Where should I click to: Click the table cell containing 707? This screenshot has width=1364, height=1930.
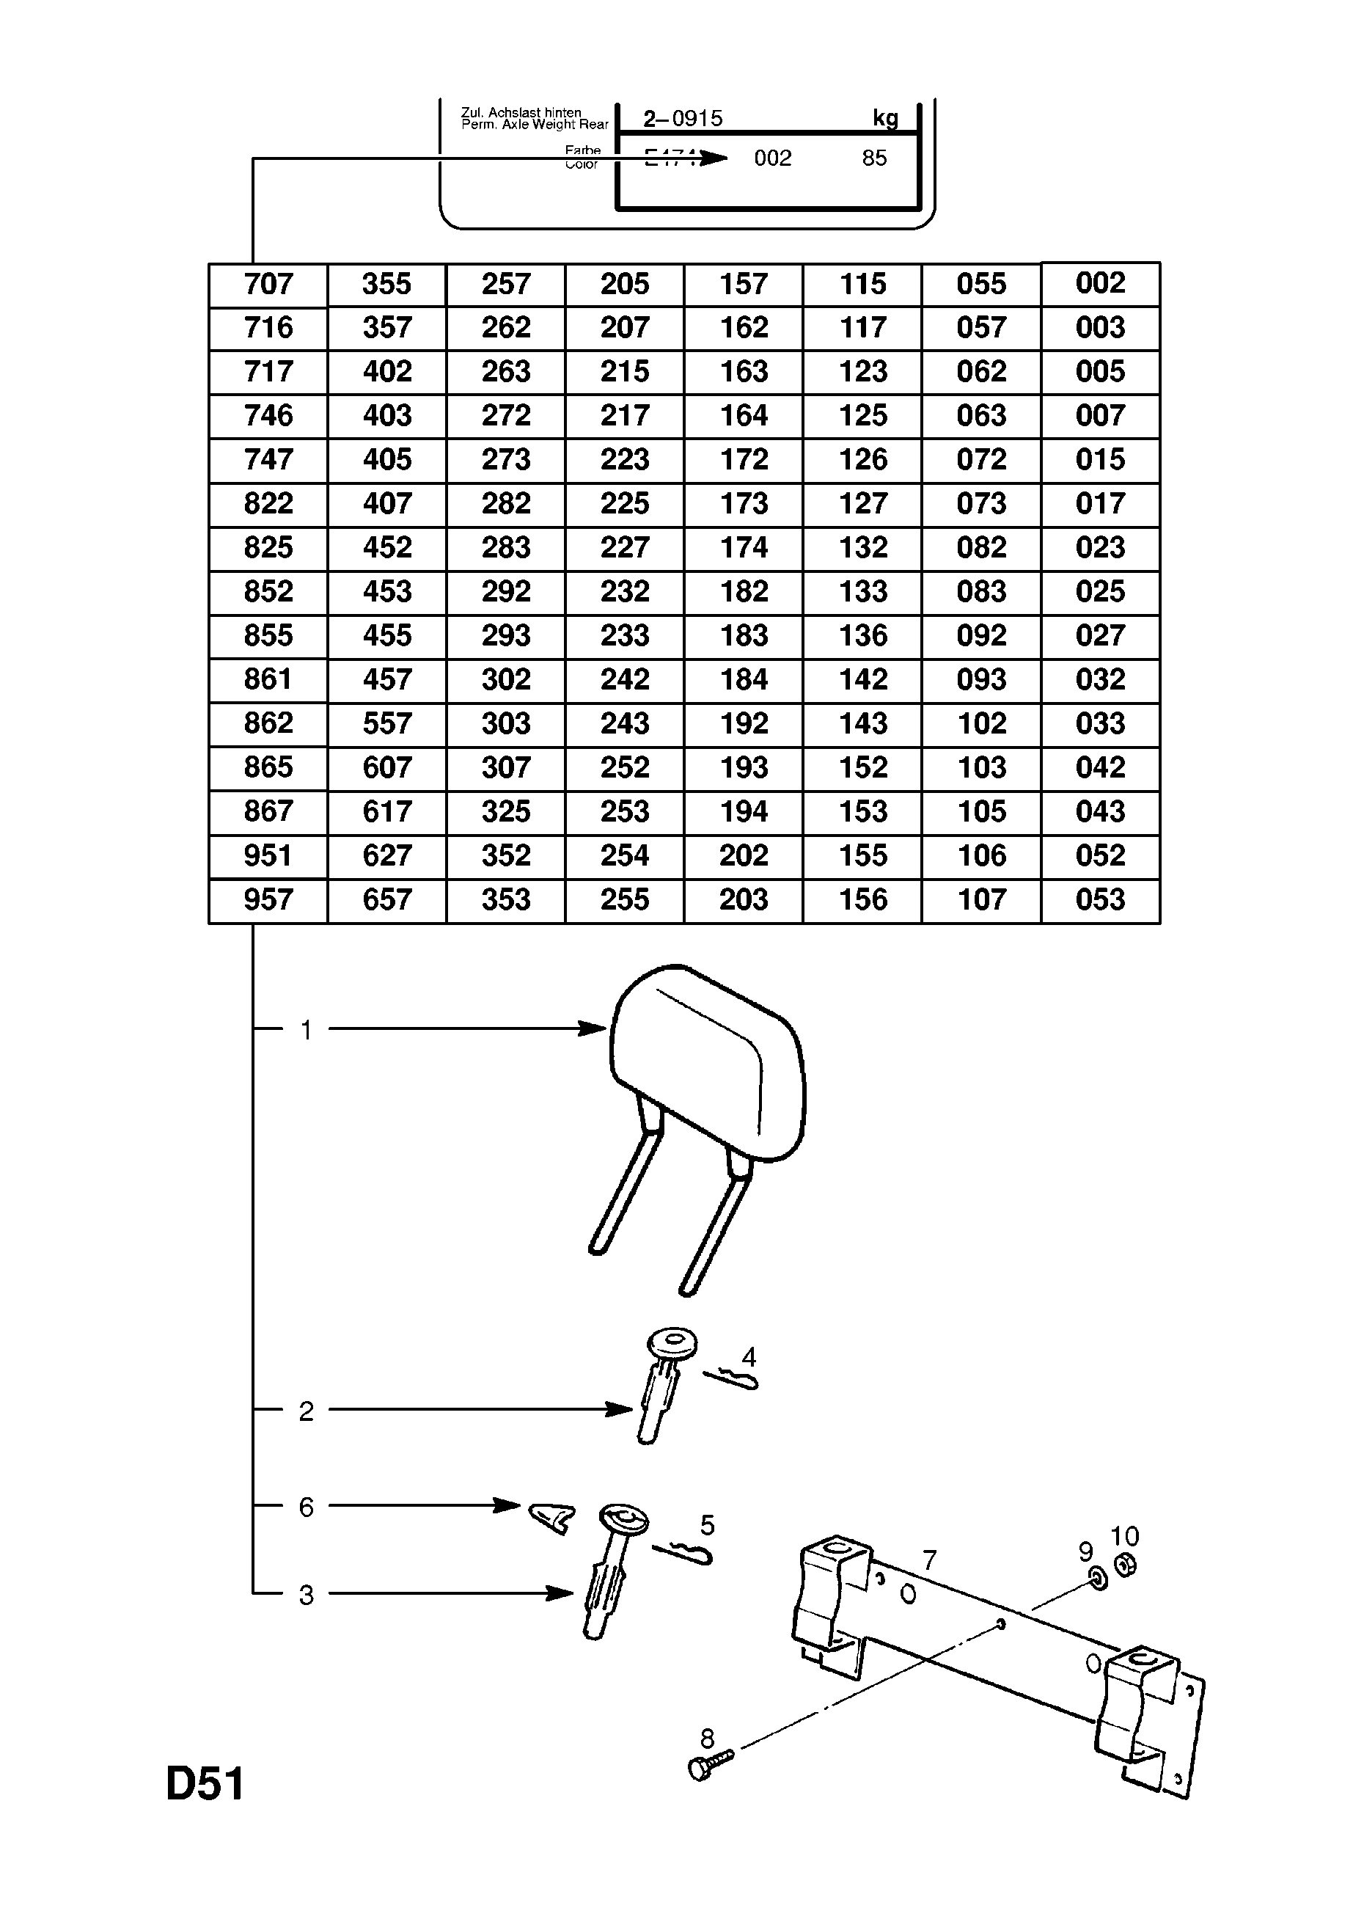coord(268,284)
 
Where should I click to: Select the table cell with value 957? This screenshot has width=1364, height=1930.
coord(268,899)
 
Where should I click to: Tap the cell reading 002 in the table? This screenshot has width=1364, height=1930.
coord(1100,283)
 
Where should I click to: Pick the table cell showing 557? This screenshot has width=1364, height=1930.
coord(386,724)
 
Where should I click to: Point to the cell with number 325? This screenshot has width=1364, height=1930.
coord(506,811)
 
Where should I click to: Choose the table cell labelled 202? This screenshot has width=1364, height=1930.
coord(744,856)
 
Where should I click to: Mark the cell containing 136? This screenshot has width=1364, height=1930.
coord(863,635)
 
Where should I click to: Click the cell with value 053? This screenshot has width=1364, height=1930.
coord(1100,899)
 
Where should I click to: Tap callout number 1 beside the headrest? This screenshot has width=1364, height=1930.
coord(307,1030)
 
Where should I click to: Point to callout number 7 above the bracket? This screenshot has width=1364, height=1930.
coord(928,1561)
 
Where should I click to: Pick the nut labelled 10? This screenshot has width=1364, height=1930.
coord(1126,1565)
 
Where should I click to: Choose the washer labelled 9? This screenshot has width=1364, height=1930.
coord(1098,1579)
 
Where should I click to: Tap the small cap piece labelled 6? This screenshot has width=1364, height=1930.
coord(551,1517)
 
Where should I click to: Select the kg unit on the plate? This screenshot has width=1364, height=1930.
coord(885,119)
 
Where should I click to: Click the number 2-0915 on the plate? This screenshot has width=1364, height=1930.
coord(683,119)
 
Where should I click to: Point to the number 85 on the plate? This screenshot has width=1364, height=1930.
coord(874,158)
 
